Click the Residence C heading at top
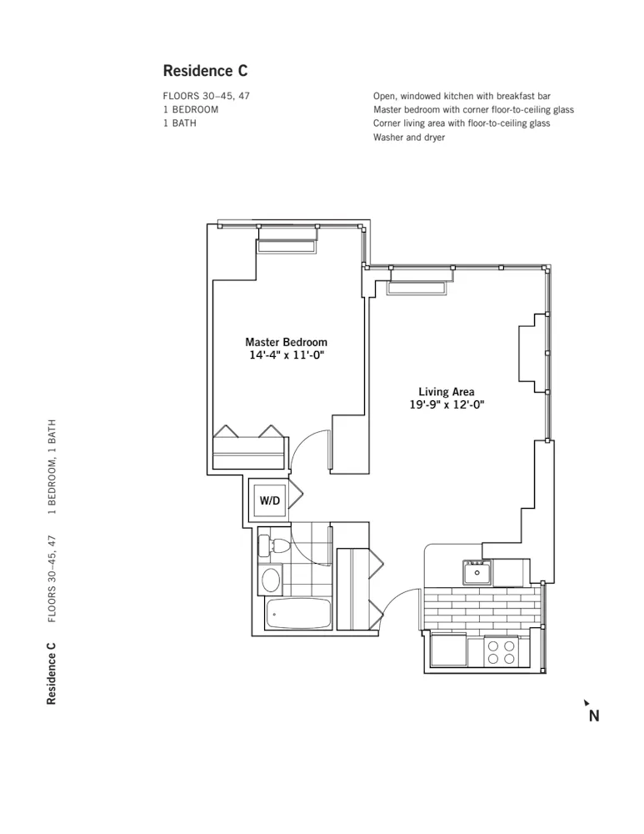tap(205, 71)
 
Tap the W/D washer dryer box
tap(270, 500)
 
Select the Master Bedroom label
tap(286, 342)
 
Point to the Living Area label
tap(447, 391)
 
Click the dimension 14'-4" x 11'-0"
tap(286, 355)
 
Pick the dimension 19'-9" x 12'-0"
tap(447, 404)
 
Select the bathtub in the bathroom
tap(299, 615)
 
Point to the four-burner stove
tap(501, 651)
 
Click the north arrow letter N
tap(594, 715)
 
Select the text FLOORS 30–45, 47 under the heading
tap(206, 96)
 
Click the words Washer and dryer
tap(409, 137)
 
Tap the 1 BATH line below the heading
tap(180, 123)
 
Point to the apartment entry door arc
tap(402, 606)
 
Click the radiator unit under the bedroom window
tap(286, 246)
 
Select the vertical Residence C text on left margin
tap(52, 673)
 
